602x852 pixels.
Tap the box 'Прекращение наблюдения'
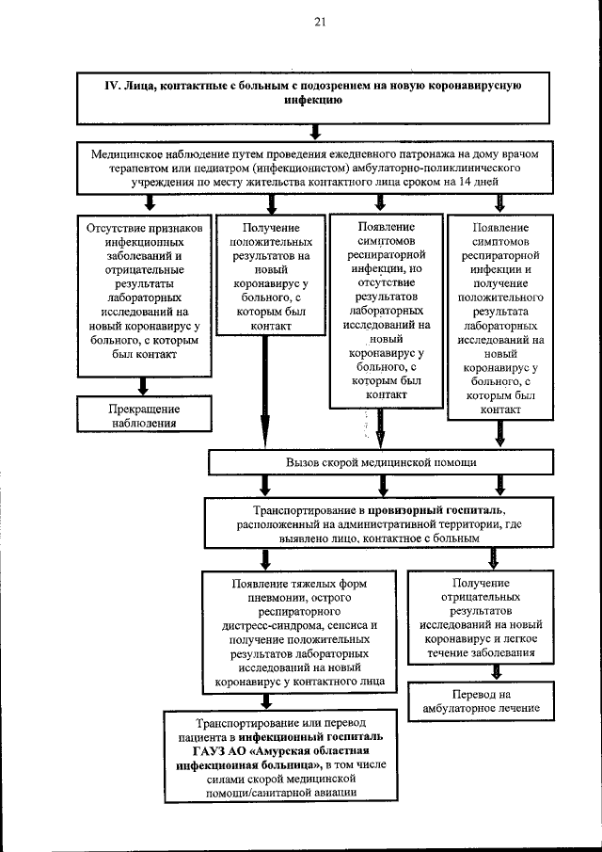click(143, 415)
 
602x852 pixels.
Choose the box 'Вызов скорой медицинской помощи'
click(381, 462)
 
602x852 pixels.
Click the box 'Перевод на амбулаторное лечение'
click(493, 699)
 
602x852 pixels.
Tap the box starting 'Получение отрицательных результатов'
click(493, 617)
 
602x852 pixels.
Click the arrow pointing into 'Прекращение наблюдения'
click(143, 386)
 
